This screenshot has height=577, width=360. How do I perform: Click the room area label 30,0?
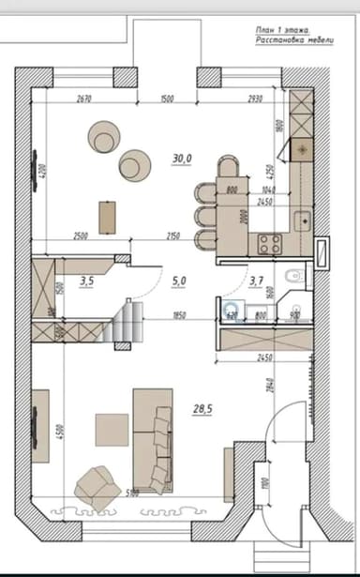(x=182, y=158)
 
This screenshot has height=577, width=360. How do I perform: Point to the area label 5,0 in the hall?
(x=180, y=280)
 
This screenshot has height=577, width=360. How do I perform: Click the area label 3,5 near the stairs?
(x=87, y=280)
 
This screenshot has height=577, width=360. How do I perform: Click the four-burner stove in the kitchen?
(x=270, y=244)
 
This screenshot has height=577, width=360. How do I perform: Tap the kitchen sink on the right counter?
(x=302, y=220)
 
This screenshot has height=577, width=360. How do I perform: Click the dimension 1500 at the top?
(x=168, y=99)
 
